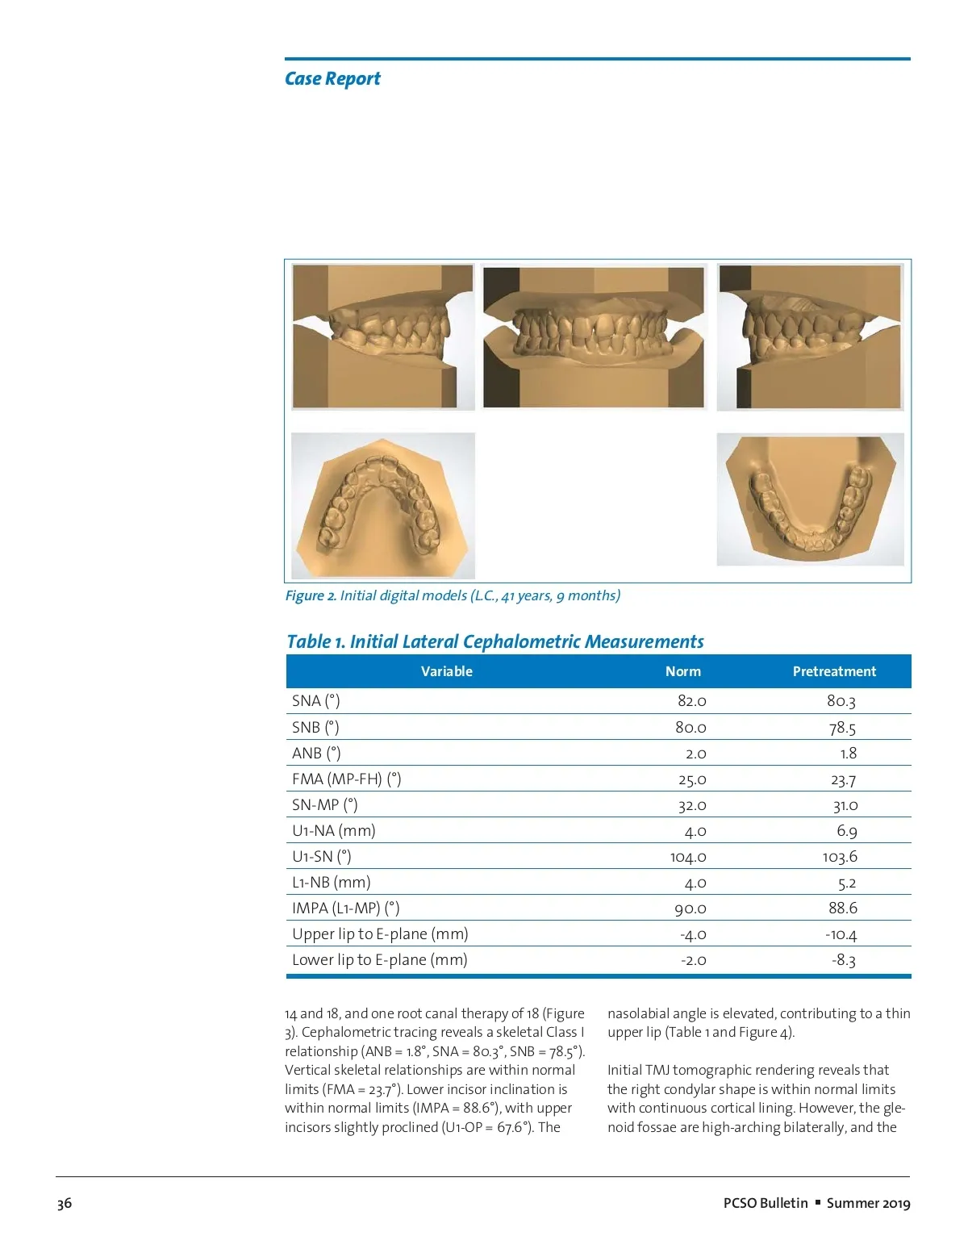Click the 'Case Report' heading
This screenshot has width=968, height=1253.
[332, 79]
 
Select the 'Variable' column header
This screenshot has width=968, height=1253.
[446, 671]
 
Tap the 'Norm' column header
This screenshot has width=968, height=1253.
[682, 671]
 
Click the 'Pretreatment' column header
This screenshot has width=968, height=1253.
[833, 671]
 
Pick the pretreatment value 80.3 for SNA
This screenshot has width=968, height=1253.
[841, 701]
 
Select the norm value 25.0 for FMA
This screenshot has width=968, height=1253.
[691, 779]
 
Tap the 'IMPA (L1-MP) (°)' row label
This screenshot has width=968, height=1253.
[345, 908]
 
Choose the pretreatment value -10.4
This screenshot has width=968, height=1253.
[841, 934]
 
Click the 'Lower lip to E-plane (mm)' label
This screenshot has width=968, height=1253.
[379, 960]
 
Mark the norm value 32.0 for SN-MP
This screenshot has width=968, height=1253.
[691, 805]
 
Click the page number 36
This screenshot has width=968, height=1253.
[65, 1203]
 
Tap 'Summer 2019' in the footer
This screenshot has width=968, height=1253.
[868, 1203]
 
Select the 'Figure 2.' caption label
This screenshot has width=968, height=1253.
[311, 595]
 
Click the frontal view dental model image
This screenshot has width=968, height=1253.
[594, 336]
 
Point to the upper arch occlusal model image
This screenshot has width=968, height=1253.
[382, 506]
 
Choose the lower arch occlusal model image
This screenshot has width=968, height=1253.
[810, 499]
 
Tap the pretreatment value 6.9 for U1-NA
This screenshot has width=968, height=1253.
[846, 831]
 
